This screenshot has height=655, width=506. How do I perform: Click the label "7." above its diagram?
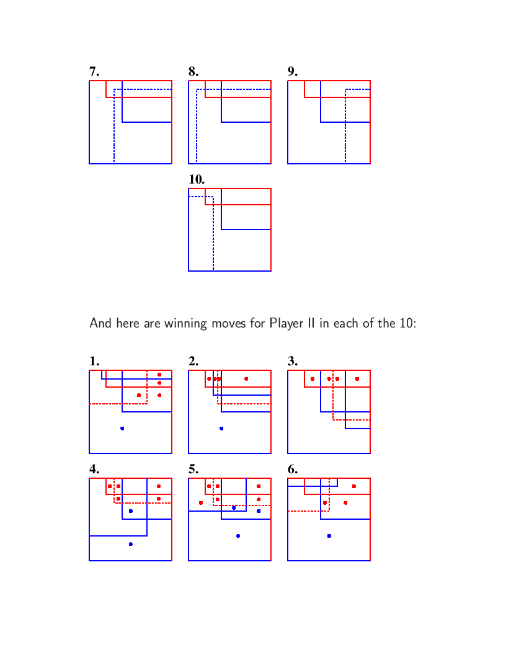pyautogui.click(x=94, y=71)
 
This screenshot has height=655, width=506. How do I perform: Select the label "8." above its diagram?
pyautogui.click(x=193, y=71)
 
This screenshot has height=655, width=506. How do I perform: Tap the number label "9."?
pyautogui.click(x=293, y=71)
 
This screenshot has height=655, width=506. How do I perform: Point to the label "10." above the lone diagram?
pyautogui.click(x=197, y=179)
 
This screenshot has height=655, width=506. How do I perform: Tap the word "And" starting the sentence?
pyautogui.click(x=100, y=323)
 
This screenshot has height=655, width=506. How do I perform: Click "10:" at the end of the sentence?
pyautogui.click(x=408, y=323)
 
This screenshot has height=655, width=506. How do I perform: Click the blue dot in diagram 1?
pyautogui.click(x=122, y=429)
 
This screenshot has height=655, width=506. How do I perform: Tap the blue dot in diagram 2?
pyautogui.click(x=221, y=429)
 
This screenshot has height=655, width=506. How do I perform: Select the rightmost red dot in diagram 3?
pyautogui.click(x=357, y=379)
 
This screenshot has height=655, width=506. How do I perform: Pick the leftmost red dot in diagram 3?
pyautogui.click(x=313, y=379)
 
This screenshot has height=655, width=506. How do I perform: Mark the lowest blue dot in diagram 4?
pyautogui.click(x=131, y=544)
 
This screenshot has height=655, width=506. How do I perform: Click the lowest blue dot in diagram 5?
pyautogui.click(x=238, y=536)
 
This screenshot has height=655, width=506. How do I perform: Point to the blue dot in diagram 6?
pyautogui.click(x=329, y=536)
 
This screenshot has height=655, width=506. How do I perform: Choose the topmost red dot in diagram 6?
pyautogui.click(x=354, y=486)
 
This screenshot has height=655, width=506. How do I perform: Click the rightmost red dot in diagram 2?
pyautogui.click(x=246, y=379)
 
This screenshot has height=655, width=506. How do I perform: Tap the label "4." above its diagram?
pyautogui.click(x=94, y=469)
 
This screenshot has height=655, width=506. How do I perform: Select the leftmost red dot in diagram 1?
pyautogui.click(x=139, y=395)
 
